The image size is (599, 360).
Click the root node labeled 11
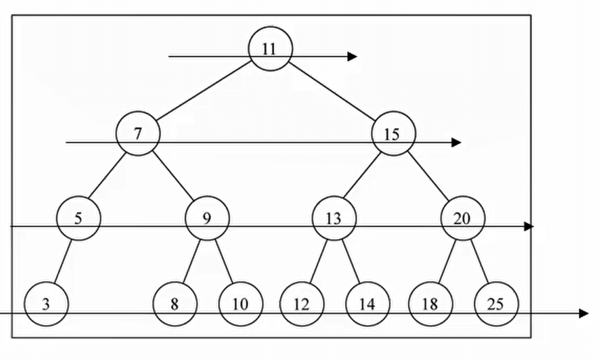[x=270, y=50]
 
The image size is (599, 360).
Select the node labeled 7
[x=138, y=134]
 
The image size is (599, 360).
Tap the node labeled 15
[x=394, y=134]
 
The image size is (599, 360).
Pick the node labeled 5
[x=78, y=218]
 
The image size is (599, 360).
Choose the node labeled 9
[x=207, y=218]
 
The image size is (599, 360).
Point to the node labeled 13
[x=334, y=218]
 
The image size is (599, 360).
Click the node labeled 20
[x=463, y=218]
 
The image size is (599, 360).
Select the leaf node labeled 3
[x=46, y=305]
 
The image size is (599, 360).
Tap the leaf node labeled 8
[x=175, y=305]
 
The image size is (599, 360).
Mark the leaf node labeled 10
[x=240, y=305]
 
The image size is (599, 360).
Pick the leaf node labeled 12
[x=301, y=305]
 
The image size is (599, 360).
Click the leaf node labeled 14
[x=367, y=305]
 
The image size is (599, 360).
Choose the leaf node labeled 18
[x=431, y=305]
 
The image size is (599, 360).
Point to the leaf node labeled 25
[x=496, y=305]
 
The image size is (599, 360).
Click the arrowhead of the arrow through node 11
[x=353, y=56]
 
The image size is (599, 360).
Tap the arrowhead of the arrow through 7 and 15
[x=456, y=143]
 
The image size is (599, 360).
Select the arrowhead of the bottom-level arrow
[x=584, y=314]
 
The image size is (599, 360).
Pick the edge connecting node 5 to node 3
[x=62, y=261]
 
